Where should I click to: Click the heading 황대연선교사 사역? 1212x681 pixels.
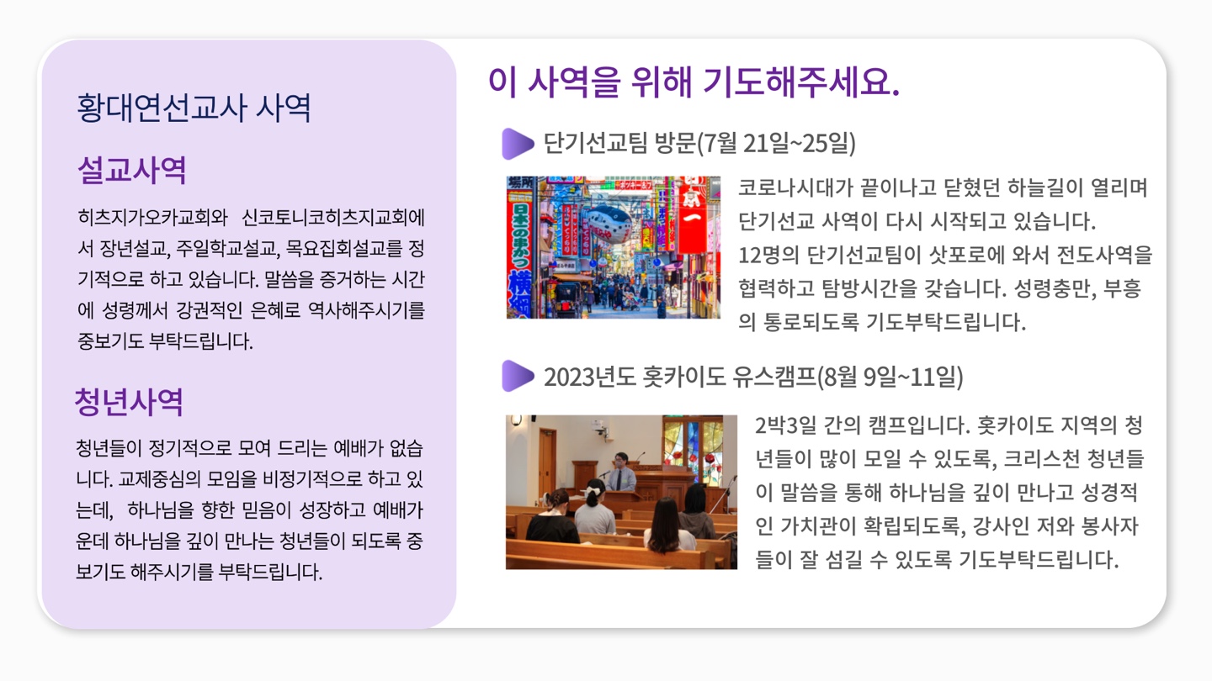[x=194, y=108]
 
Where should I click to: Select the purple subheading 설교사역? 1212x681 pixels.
[x=131, y=171]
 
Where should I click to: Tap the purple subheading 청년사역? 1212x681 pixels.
[x=129, y=402]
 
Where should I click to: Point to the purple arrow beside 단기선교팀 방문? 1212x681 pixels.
[x=518, y=144]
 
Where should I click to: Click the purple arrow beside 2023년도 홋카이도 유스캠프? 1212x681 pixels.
[x=518, y=376]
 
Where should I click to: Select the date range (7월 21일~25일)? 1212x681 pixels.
[x=776, y=144]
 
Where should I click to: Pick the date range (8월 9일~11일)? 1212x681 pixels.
[x=890, y=377]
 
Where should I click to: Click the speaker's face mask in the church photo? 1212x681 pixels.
[x=620, y=463]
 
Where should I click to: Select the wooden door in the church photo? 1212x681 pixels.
[x=547, y=460]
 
